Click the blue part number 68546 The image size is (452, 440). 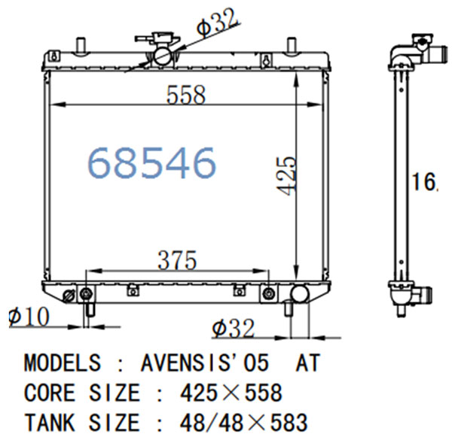[x=151, y=162]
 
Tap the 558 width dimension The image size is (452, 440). [x=186, y=94]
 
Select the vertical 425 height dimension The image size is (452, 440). [x=286, y=176]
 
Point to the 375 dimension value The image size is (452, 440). [x=177, y=260]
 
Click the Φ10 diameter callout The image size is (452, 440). [x=29, y=317]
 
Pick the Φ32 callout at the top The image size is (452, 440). [x=218, y=23]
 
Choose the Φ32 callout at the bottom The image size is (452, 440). [x=234, y=328]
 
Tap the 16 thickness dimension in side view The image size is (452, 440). [x=423, y=181]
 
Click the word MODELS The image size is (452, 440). [x=63, y=363]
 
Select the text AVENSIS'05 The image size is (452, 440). [x=205, y=363]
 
